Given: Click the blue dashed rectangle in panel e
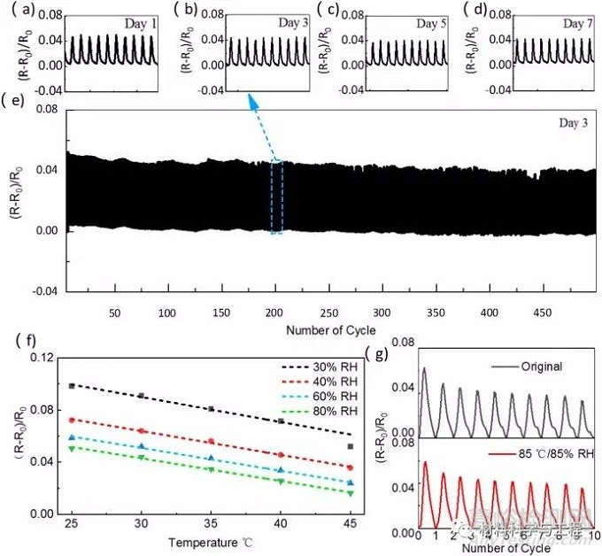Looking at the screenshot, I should [276, 197].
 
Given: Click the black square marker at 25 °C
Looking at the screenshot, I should [73, 385].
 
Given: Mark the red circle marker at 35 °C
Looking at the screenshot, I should [211, 441].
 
